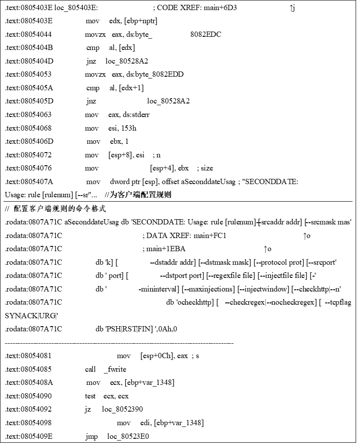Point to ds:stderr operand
pos(136,115)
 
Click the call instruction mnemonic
pos(90,370)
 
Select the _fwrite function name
pos(115,370)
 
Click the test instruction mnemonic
pos(90,396)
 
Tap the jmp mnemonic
pos(90,436)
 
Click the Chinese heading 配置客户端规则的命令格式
pos(60,209)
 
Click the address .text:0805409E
pos(29,436)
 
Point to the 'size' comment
pos(207,168)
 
